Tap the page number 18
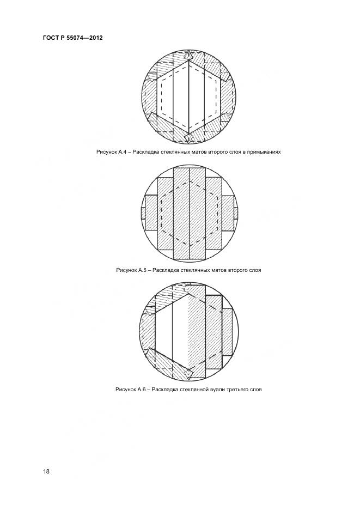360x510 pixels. coord(46,471)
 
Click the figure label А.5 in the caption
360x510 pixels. coord(141,270)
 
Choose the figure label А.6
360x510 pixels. coord(140,389)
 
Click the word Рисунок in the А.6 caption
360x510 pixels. coord(124,389)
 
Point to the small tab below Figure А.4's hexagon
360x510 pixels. coord(189,133)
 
